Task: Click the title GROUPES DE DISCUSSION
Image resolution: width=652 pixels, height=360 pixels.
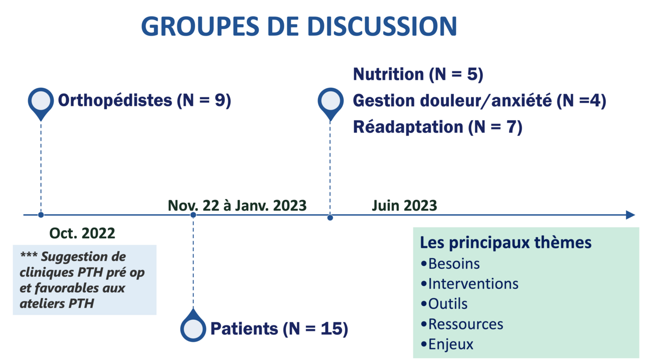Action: coord(299,26)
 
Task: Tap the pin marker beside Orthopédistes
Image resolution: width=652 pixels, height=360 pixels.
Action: coord(41,102)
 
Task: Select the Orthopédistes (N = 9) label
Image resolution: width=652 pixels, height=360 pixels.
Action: coord(144,101)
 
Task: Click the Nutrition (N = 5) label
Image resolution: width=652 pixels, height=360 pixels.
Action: coord(418,74)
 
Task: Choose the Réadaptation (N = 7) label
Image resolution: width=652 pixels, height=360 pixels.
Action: coord(437,127)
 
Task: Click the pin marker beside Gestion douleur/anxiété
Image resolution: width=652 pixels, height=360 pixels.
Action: coord(331,102)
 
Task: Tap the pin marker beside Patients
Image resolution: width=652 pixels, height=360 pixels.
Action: coord(193,327)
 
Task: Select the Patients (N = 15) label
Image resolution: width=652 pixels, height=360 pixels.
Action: coord(279,329)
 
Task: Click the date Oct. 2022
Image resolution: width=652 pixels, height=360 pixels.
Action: coord(82,233)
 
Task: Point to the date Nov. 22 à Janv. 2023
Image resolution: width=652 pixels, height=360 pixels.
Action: coord(237,206)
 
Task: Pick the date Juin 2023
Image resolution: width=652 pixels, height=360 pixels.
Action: coord(404,206)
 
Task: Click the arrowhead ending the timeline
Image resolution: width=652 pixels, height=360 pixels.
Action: coord(630,215)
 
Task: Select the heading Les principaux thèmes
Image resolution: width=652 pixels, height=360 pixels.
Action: coord(506,243)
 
